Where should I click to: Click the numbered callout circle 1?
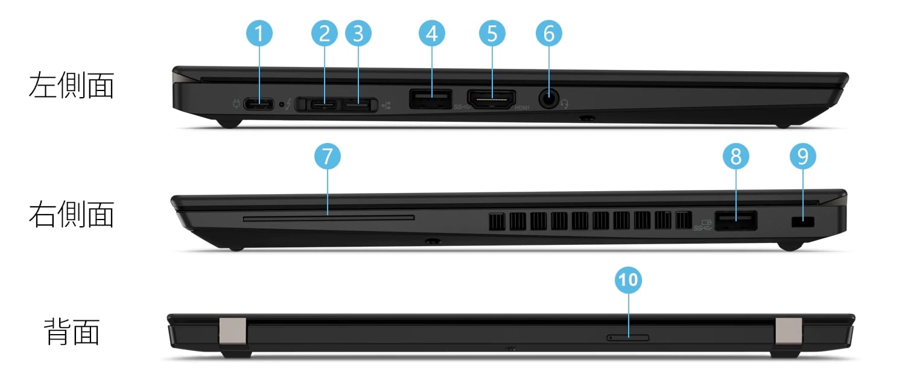(x=259, y=34)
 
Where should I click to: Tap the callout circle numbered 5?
(x=492, y=34)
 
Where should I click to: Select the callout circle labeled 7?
(x=327, y=157)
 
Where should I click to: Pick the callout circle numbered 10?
(x=629, y=280)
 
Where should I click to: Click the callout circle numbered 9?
(x=802, y=157)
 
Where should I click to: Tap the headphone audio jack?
(x=548, y=100)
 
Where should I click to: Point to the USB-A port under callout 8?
(x=735, y=221)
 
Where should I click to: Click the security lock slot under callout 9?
(x=802, y=222)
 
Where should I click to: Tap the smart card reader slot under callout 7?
(x=328, y=218)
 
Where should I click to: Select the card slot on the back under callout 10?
(x=628, y=337)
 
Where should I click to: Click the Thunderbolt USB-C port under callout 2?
(x=325, y=105)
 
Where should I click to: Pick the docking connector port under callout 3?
(x=358, y=105)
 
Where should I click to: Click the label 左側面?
(x=71, y=86)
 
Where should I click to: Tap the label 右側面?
(x=71, y=214)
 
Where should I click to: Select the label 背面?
(x=72, y=332)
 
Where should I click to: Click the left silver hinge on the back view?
(x=233, y=333)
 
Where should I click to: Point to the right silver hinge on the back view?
(x=789, y=333)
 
